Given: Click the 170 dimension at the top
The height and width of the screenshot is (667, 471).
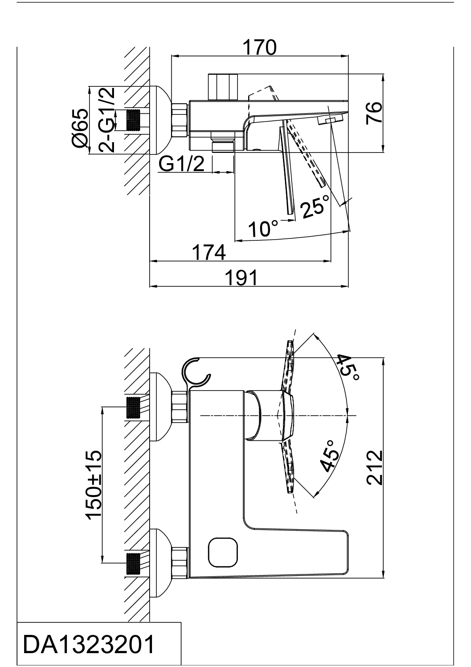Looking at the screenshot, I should click(x=260, y=48).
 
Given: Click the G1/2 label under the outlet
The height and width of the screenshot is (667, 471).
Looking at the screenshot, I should click(x=182, y=164).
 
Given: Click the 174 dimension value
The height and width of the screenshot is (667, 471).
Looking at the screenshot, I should click(x=209, y=252).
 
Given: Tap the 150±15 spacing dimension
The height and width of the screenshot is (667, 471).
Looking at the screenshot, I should click(x=94, y=484).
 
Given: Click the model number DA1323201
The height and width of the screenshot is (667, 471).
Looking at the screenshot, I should click(x=89, y=645).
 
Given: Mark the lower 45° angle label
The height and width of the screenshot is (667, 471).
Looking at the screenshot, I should click(x=330, y=456).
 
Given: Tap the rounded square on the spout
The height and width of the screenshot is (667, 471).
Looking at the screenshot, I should click(x=222, y=552).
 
